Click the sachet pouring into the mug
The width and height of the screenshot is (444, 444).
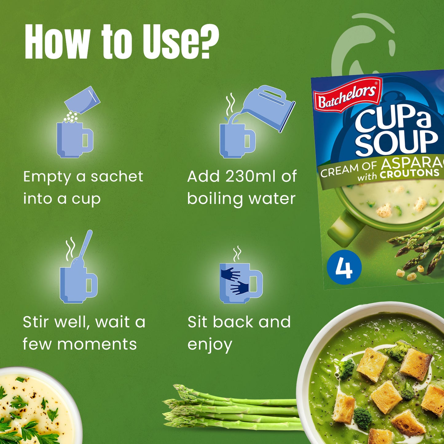point(82,100)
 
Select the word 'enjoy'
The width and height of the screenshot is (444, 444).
point(210,345)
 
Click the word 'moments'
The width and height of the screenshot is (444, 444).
point(97,344)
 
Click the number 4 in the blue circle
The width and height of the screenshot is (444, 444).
point(344,267)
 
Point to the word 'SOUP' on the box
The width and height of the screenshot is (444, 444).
point(396,142)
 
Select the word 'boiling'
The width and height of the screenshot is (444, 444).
point(215,199)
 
